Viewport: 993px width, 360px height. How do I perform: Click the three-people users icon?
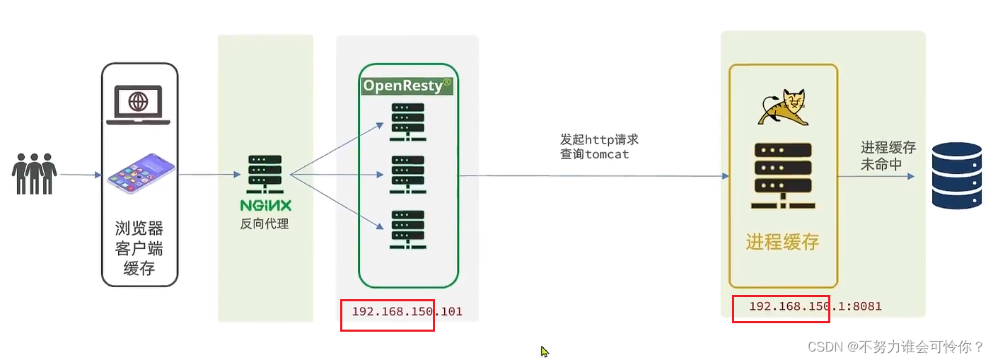pos(34,173)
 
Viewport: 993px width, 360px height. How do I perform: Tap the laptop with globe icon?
pos(139,105)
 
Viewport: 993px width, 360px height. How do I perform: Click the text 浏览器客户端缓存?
pos(139,248)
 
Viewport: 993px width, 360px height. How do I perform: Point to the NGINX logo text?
pos(265,206)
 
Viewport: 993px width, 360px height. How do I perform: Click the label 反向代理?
pos(265,224)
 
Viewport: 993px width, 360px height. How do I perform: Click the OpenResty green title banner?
pos(407,86)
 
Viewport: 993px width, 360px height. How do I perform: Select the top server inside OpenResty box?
pos(408,122)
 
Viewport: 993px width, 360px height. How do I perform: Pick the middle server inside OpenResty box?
pos(408,175)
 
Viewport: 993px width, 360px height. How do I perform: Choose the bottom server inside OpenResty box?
pos(408,228)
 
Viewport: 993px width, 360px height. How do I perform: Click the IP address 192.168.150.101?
pos(407,311)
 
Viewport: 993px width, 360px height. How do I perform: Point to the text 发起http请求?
pos(600,139)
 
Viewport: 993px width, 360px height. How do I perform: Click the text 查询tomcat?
pos(595,154)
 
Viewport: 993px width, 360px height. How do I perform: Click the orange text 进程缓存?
pos(782,243)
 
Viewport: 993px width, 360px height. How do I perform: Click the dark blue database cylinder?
pos(957,175)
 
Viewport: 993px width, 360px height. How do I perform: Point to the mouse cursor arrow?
pos(545,351)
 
